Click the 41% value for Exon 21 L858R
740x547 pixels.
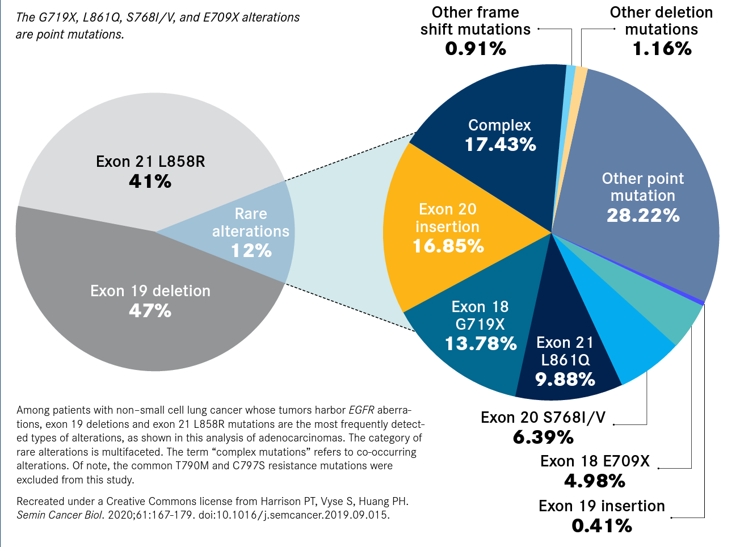[x=150, y=182]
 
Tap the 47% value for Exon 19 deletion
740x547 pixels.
[x=150, y=311]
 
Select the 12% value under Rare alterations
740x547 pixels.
[x=251, y=251]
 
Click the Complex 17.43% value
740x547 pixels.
[x=500, y=145]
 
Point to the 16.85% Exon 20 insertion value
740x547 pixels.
[x=448, y=246]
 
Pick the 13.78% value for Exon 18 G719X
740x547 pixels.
[x=480, y=344]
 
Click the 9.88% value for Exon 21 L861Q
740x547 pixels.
[x=565, y=380]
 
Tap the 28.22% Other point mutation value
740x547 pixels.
[x=642, y=216]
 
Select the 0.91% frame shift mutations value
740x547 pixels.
[x=476, y=49]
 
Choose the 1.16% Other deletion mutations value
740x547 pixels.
[x=662, y=49]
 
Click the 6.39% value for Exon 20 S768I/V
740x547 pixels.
[x=543, y=437]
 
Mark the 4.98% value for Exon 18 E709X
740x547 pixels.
[x=595, y=481]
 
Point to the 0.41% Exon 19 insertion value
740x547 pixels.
[x=602, y=526]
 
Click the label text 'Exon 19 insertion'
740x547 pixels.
[x=602, y=506]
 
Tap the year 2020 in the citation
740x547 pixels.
[x=119, y=515]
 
